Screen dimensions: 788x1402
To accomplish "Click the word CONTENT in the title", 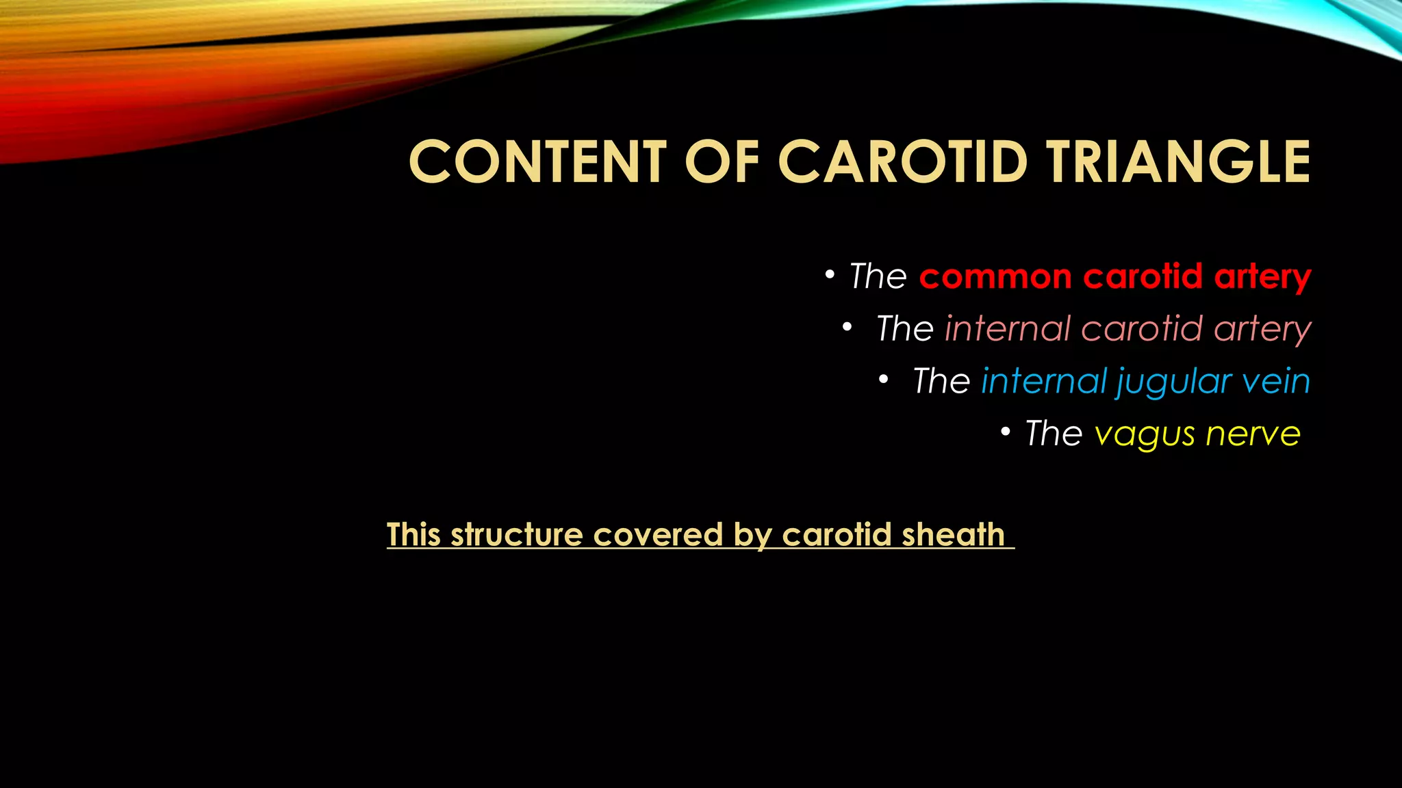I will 537,162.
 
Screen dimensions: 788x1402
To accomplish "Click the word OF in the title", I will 722,162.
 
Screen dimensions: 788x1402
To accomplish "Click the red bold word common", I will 995,277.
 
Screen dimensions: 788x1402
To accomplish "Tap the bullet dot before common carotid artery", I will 830,275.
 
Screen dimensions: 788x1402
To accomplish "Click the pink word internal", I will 1007,328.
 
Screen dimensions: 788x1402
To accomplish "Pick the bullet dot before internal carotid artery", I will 847,327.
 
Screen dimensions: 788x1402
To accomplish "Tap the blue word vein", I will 1276,381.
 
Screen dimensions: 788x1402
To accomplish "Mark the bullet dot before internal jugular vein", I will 884,379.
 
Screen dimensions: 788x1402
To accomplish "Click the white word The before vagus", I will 1054,433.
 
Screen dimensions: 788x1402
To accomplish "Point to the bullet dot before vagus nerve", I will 1005,432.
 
